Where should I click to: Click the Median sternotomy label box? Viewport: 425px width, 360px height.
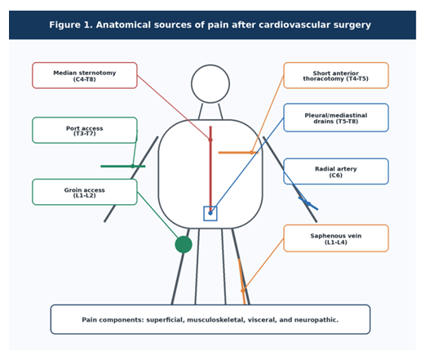(x=85, y=75)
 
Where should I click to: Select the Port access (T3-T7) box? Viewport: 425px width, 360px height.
(x=85, y=131)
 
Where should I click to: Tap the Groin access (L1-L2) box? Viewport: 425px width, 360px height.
(x=85, y=192)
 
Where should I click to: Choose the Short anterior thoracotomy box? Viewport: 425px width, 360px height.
(x=336, y=75)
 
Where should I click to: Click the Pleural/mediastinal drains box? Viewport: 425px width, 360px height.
(x=336, y=118)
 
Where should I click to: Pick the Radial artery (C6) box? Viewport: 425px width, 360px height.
(x=336, y=171)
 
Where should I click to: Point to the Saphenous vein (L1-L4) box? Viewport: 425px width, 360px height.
(x=336, y=238)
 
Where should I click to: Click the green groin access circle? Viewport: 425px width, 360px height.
(x=184, y=245)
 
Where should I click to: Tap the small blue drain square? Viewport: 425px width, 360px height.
(x=210, y=214)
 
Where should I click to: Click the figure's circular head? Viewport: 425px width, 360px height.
(x=210, y=84)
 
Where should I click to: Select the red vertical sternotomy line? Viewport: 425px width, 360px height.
(x=210, y=169)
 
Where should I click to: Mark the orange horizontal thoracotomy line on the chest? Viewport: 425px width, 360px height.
(x=238, y=153)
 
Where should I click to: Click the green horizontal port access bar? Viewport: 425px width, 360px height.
(x=123, y=167)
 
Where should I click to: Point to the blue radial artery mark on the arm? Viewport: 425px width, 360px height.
(x=308, y=203)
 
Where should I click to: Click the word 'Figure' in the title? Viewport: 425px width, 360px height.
(x=64, y=25)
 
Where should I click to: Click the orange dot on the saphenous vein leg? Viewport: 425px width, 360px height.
(x=243, y=291)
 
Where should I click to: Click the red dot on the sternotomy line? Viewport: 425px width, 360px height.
(x=210, y=140)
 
